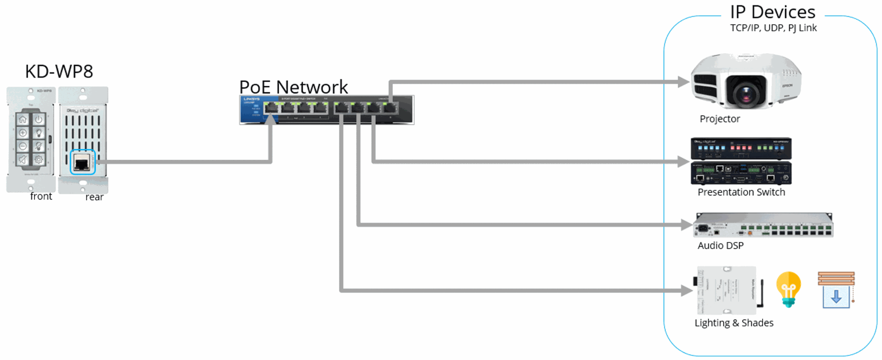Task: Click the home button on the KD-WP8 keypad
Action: pyautogui.click(x=23, y=119)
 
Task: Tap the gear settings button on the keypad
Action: pyautogui.click(x=39, y=160)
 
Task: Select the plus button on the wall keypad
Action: pyautogui.click(x=23, y=133)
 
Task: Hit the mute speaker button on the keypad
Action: pyautogui.click(x=23, y=160)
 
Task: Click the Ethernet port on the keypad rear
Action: pyautogui.click(x=82, y=162)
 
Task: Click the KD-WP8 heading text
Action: pyautogui.click(x=59, y=72)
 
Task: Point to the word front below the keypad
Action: pyautogui.click(x=41, y=197)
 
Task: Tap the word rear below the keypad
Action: pyautogui.click(x=94, y=197)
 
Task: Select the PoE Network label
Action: pyautogui.click(x=294, y=87)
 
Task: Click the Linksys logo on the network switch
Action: pyautogui.click(x=251, y=99)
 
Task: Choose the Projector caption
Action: pyautogui.click(x=719, y=119)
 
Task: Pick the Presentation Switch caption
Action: pyautogui.click(x=741, y=192)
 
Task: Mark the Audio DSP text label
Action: pyautogui.click(x=720, y=246)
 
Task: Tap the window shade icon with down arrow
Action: pyautogui.click(x=836, y=290)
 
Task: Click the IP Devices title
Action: pyautogui.click(x=773, y=12)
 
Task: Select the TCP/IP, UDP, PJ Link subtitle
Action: pyautogui.click(x=773, y=28)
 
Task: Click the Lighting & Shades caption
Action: pyautogui.click(x=734, y=323)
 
